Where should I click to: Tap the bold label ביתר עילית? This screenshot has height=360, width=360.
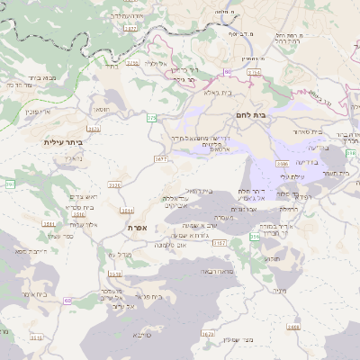pos(62,142)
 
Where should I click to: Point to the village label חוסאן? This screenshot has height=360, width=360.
pos(102,109)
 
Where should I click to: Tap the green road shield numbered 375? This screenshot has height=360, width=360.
pos(151,118)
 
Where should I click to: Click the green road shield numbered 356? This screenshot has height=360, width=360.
pos(255,236)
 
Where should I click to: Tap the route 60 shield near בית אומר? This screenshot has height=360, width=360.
pos(67,301)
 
